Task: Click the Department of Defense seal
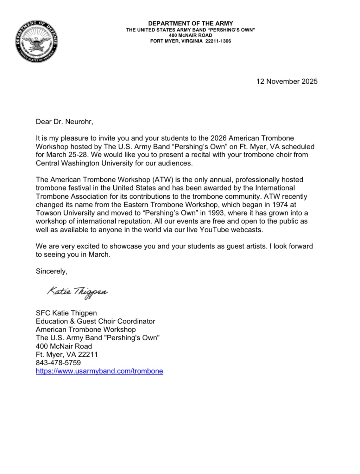click(36, 42)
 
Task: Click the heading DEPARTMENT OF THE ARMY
click(190, 23)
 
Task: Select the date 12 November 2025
click(287, 81)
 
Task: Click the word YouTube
click(214, 230)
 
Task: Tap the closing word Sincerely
click(51, 271)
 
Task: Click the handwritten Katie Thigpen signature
click(78, 292)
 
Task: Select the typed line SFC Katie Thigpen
click(66, 313)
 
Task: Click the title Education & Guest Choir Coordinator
click(95, 321)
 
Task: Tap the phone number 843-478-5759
click(58, 363)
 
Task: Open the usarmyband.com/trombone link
click(99, 371)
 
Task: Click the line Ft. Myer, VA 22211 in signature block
click(67, 355)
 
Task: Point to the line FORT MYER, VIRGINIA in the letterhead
click(176, 41)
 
